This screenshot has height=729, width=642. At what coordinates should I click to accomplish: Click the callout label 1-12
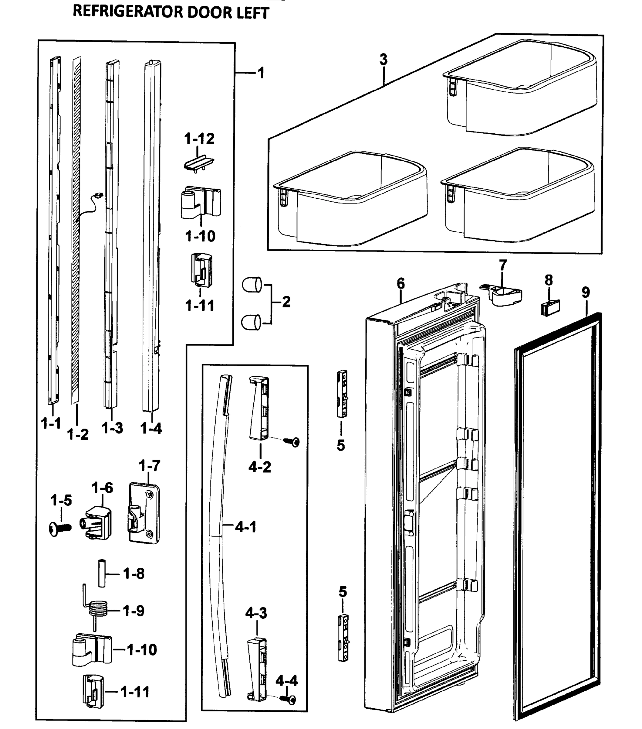click(199, 139)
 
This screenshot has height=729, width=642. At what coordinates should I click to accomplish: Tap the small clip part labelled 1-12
click(199, 163)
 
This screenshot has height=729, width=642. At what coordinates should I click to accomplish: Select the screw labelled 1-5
click(60, 528)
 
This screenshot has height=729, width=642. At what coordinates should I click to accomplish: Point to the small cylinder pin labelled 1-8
click(102, 573)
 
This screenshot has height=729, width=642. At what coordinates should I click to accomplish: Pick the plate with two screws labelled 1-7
click(144, 513)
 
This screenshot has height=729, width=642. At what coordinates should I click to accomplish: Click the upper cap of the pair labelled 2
click(252, 285)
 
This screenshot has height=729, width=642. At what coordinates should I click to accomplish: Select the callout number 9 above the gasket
click(586, 293)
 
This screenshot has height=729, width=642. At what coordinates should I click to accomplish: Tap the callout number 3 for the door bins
click(383, 59)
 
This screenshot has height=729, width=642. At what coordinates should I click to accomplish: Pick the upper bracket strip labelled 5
click(342, 393)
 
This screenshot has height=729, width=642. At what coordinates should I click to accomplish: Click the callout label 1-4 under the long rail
click(151, 428)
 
